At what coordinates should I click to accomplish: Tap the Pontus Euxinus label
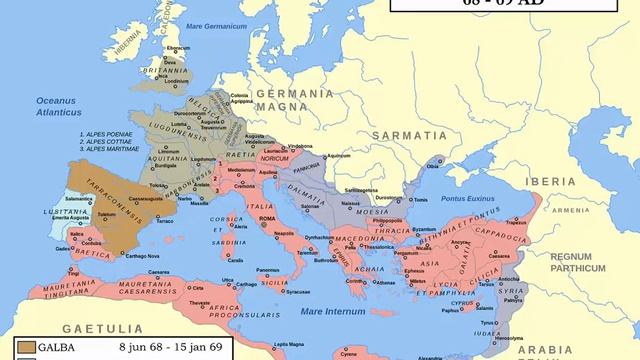point(464,199)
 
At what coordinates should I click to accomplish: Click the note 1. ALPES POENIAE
point(111,132)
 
